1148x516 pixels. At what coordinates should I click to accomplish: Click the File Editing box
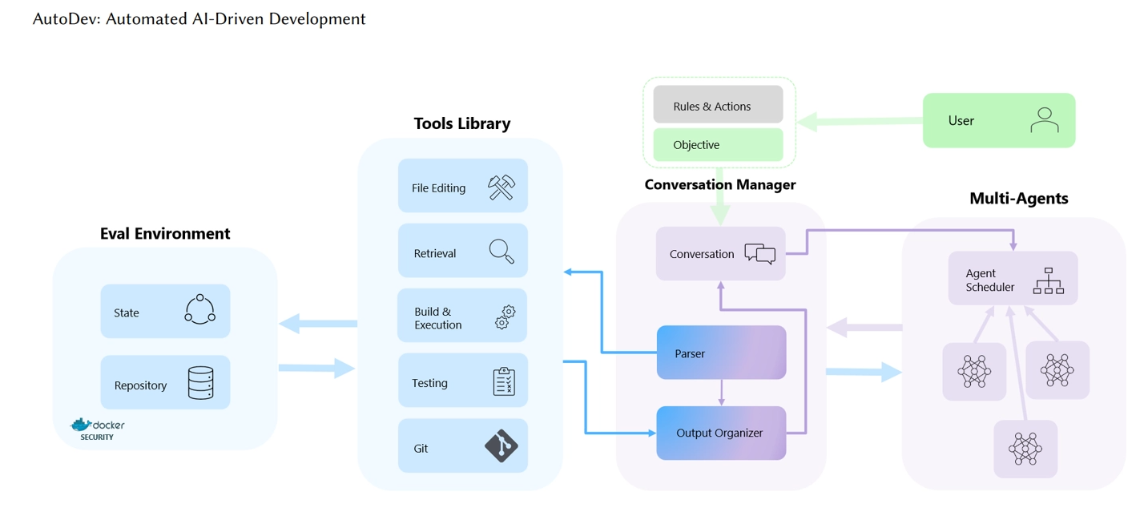pyautogui.click(x=462, y=186)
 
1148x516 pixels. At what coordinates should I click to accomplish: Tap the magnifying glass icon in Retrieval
pyautogui.click(x=501, y=252)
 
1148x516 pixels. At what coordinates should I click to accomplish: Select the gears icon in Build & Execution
pyautogui.click(x=505, y=317)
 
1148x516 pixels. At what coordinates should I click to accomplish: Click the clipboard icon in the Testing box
pyautogui.click(x=504, y=381)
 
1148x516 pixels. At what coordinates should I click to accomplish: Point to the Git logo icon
pyautogui.click(x=501, y=446)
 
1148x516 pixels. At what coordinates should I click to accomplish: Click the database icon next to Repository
pyautogui.click(x=200, y=383)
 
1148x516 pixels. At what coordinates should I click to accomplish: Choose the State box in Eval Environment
pyautogui.click(x=165, y=311)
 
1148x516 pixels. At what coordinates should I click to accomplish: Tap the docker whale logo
pyautogui.click(x=81, y=425)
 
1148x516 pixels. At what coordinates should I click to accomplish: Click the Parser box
pyautogui.click(x=721, y=353)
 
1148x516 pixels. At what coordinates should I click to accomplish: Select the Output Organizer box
pyautogui.click(x=721, y=433)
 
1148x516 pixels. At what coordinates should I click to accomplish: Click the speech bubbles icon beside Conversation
pyautogui.click(x=759, y=254)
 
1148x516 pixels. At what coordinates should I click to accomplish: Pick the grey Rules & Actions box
pyautogui.click(x=718, y=105)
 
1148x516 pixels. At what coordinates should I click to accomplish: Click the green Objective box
pyautogui.click(x=718, y=145)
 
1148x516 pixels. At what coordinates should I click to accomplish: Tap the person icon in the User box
pyautogui.click(x=1045, y=120)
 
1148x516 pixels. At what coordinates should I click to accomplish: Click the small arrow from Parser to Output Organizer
pyautogui.click(x=722, y=393)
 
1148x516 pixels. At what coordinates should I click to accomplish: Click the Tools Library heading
pyautogui.click(x=462, y=123)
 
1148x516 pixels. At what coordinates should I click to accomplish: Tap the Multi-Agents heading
pyautogui.click(x=1019, y=199)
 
